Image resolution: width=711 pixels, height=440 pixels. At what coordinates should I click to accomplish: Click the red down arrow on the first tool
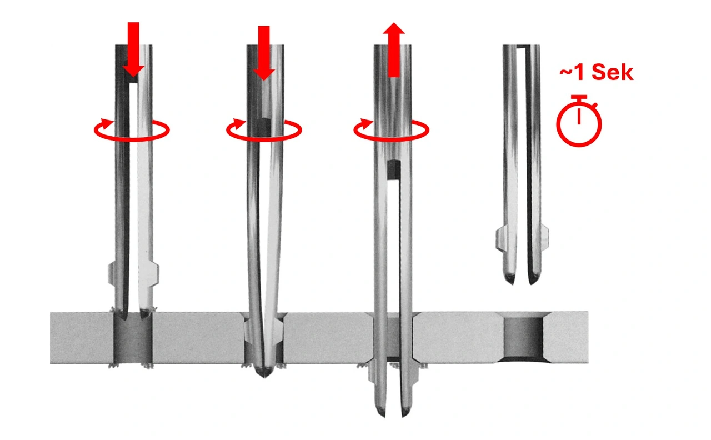tap(133, 49)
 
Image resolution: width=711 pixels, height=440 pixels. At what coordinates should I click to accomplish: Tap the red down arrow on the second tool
tap(264, 53)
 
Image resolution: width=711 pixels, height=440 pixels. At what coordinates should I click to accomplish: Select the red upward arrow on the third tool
tap(394, 49)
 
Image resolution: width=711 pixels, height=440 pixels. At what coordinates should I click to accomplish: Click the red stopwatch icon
tap(579, 121)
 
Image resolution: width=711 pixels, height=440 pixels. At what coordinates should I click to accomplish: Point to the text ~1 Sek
tap(597, 72)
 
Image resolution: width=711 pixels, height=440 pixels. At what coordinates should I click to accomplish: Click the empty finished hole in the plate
tap(523, 337)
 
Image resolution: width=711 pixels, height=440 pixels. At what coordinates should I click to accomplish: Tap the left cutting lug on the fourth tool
tap(500, 238)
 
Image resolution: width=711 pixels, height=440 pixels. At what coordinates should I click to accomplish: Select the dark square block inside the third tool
tap(394, 170)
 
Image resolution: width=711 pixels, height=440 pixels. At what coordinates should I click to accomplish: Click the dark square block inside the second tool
tap(264, 128)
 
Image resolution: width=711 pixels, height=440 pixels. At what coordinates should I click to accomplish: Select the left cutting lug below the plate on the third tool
tap(372, 374)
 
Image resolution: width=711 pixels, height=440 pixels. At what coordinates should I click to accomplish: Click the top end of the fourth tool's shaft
tap(521, 46)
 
